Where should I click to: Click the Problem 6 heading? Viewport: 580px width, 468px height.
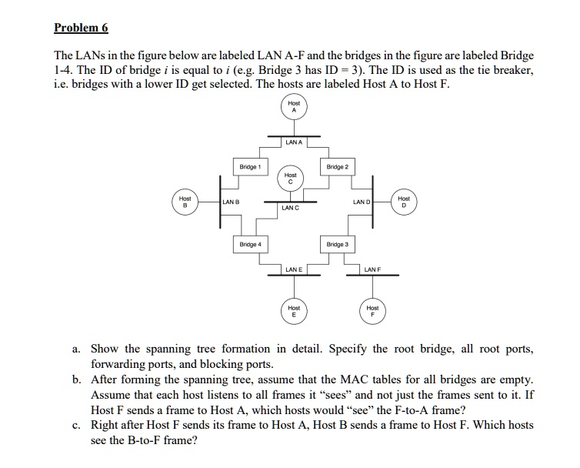tap(81, 28)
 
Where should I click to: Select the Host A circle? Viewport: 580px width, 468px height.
tap(293, 107)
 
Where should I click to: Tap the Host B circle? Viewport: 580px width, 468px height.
tap(185, 202)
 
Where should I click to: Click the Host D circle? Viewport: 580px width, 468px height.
tap(404, 202)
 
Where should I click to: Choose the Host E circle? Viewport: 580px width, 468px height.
tap(293, 311)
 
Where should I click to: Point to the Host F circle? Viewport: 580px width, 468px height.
tap(373, 311)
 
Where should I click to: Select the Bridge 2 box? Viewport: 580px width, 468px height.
tap(337, 166)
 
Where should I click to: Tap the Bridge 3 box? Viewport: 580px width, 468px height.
tap(337, 244)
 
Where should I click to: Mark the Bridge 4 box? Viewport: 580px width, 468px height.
tap(250, 244)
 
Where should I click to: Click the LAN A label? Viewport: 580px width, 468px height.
tap(293, 142)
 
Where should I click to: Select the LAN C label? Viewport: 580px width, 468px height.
tap(290, 208)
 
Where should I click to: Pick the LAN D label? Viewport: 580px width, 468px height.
tap(361, 202)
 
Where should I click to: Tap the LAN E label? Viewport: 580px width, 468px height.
tap(293, 269)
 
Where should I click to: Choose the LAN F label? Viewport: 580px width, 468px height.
tap(373, 269)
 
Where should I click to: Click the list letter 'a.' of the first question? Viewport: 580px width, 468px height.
tap(77, 349)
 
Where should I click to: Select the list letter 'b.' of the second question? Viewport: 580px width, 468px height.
tap(77, 379)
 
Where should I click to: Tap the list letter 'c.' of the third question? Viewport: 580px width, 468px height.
tap(77, 425)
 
